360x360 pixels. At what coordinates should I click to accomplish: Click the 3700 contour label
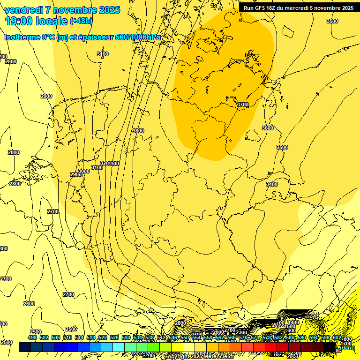tap(243, 105)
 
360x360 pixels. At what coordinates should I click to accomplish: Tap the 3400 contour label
tap(272, 184)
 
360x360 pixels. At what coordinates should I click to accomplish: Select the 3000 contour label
tap(83, 171)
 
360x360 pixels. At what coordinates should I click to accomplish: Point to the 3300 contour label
tap(113, 163)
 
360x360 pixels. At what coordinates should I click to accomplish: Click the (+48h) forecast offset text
tap(82, 21)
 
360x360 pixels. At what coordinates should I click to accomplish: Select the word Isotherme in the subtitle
tap(22, 37)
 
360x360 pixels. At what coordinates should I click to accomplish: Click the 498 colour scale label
tap(32, 337)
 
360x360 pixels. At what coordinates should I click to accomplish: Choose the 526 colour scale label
tap(114, 337)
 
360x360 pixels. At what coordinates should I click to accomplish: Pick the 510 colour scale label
tap(67, 337)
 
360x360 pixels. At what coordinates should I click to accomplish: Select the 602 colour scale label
tap(337, 337)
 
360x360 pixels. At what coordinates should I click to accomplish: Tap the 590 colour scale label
tap(301, 337)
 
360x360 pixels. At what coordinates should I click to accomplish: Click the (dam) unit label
tap(347, 348)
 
